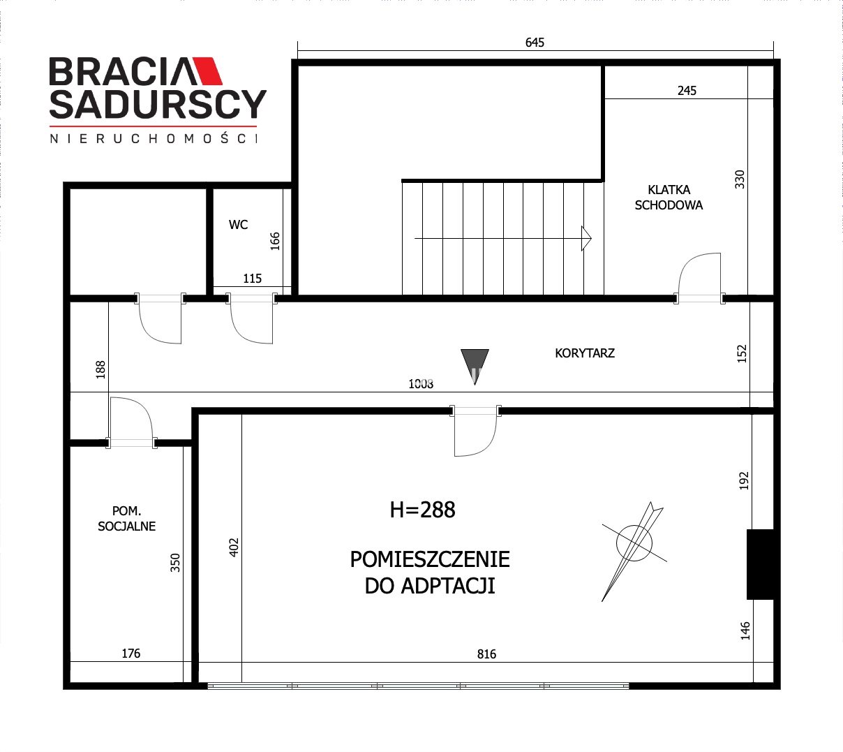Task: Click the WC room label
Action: pos(238,225)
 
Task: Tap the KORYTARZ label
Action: pos(585,353)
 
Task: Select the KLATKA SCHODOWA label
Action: pos(669,198)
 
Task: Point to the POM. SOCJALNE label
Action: pos(126,518)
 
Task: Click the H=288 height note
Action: pos(422,510)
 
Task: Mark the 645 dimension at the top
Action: pos(535,43)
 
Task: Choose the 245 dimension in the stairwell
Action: pos(687,91)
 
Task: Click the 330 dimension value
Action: pos(740,179)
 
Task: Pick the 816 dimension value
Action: pos(486,654)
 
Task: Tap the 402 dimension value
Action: pos(234,547)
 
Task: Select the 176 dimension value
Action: pos(130,654)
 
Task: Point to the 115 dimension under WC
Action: pos(252,279)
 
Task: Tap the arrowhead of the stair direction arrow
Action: pos(586,239)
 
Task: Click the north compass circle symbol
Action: pos(634,543)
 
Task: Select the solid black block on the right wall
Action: pos(760,564)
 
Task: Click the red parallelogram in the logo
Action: pos(206,71)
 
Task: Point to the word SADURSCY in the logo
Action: pos(158,105)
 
